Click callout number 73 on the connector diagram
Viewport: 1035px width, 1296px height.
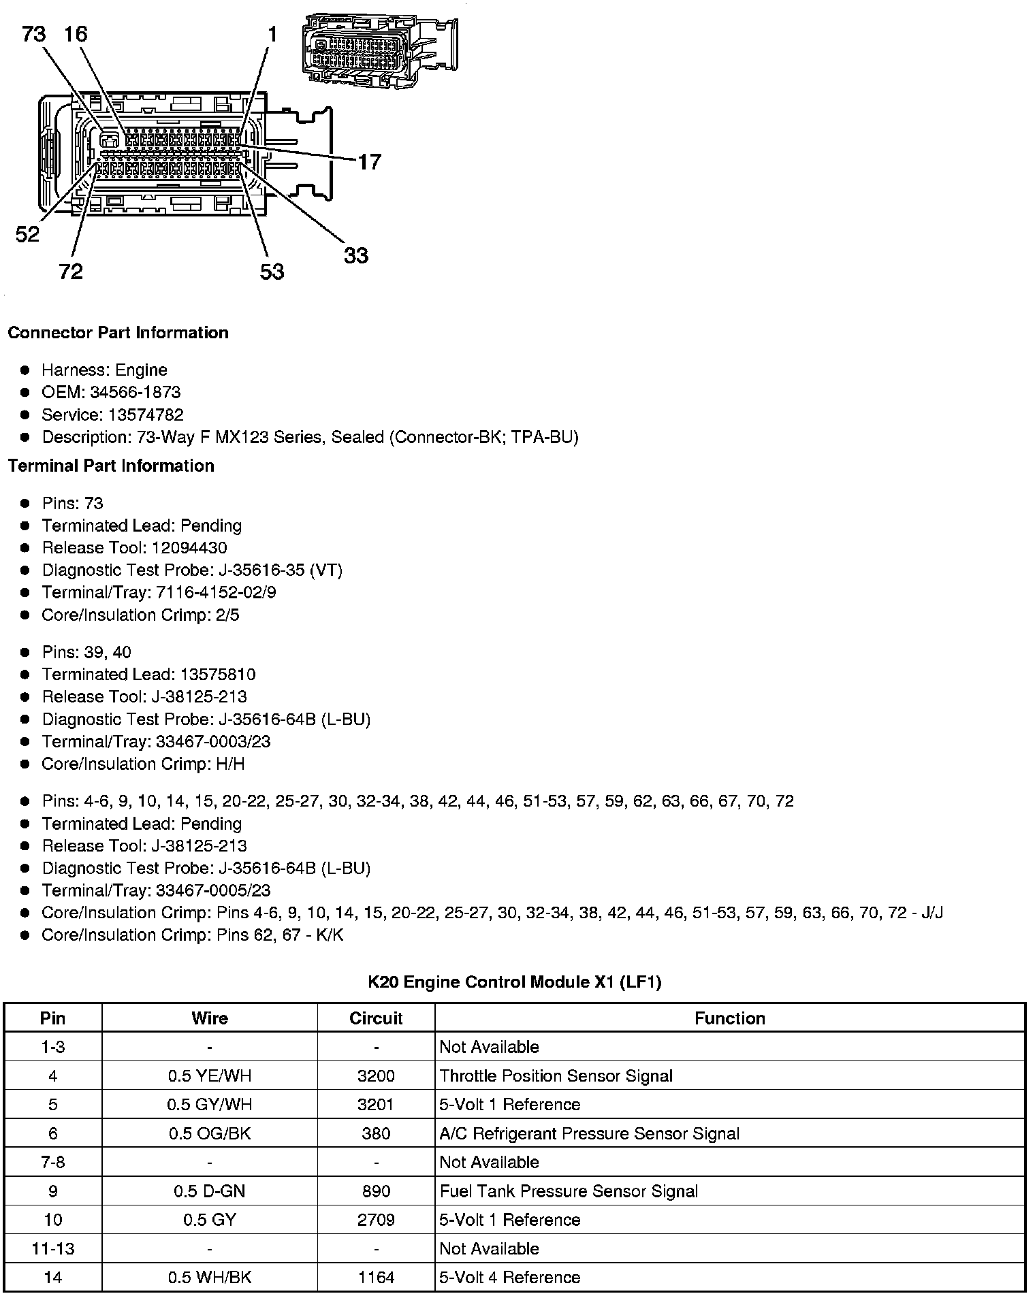tap(33, 34)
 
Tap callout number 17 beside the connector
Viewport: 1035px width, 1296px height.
tap(369, 162)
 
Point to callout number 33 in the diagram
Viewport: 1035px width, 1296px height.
tap(355, 256)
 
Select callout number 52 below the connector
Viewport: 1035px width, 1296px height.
tap(28, 235)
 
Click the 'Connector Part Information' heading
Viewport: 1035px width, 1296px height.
tap(118, 333)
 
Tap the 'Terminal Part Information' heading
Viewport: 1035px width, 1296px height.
tap(111, 466)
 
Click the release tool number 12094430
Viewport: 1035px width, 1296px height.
tap(189, 548)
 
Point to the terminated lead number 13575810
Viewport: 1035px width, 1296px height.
tap(218, 675)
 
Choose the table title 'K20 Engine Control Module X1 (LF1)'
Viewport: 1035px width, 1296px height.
tap(515, 982)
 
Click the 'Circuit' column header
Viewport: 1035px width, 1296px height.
tap(376, 1018)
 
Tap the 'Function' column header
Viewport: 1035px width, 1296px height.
tap(729, 1018)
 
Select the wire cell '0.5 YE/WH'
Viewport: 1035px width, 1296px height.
tap(210, 1076)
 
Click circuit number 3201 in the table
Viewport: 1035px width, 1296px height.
tap(376, 1105)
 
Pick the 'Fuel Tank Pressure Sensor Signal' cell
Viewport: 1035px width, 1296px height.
tap(569, 1191)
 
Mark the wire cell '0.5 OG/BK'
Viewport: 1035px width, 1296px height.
tap(210, 1133)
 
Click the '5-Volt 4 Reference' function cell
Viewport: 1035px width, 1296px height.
tap(509, 1278)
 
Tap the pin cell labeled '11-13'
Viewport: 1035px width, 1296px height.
tap(53, 1248)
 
